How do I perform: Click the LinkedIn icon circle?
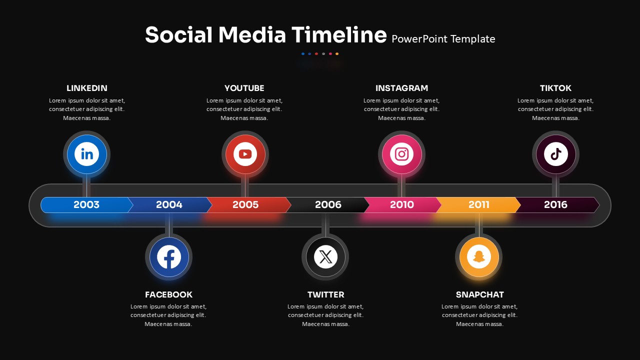pos(86,154)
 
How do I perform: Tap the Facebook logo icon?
pos(169,257)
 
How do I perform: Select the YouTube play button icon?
pos(245,154)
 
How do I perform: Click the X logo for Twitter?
pos(325,257)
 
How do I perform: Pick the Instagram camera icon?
pos(401,154)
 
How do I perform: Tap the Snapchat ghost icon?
pos(479,257)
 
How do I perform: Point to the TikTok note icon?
pos(555,154)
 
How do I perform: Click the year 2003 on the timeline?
pos(86,204)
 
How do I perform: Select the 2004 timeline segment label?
pos(169,204)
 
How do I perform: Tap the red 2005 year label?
pos(245,204)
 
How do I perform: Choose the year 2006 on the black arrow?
pos(328,204)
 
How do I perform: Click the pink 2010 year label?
pos(401,204)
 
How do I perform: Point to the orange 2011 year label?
pos(479,204)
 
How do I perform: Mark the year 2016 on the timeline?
pos(555,204)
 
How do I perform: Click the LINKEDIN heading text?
pos(87,88)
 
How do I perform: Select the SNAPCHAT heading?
pos(479,294)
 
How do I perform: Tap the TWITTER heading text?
pos(325,294)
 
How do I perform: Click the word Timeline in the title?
pos(339,35)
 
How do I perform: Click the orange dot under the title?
pos(337,53)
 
